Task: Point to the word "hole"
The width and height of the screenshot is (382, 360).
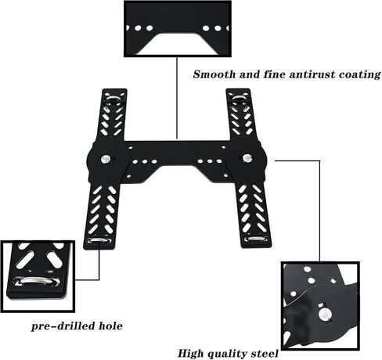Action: (x=110, y=326)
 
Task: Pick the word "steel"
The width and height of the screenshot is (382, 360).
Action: (x=265, y=354)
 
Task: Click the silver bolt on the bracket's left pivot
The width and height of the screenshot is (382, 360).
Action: (x=106, y=159)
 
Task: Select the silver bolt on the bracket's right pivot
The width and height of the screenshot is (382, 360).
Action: (x=247, y=158)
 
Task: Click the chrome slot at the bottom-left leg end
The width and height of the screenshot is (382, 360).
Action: (x=99, y=240)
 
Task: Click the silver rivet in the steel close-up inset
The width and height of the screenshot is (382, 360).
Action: (x=324, y=315)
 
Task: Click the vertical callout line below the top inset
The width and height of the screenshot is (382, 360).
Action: (x=177, y=98)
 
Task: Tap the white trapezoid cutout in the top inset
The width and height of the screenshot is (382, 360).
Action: (x=178, y=44)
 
